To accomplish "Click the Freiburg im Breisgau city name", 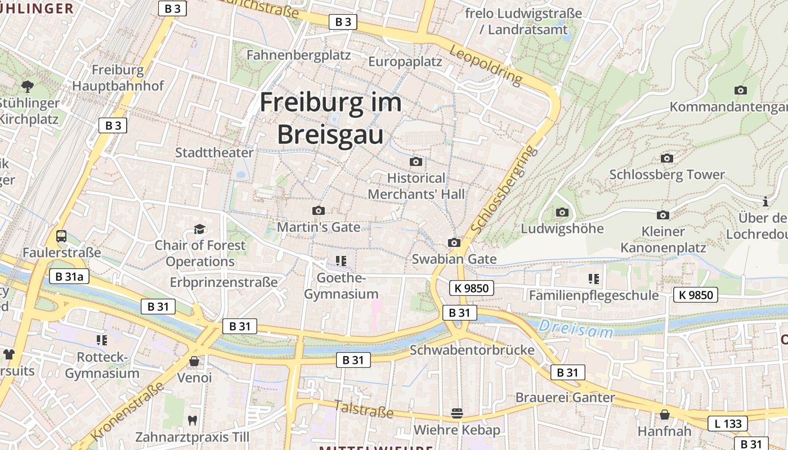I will pos(330,119).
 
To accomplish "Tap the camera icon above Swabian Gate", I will pos(454,242).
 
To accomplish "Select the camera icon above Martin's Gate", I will pos(319,210).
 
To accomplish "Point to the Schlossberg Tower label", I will pos(667,174).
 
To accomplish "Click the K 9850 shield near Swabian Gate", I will pos(472,289).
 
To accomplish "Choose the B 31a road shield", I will pos(70,276).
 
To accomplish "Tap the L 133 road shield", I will pos(728,424).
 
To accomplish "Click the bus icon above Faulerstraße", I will pos(61,236).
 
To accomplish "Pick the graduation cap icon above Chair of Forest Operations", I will pos(199,229).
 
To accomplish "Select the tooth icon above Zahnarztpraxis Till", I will pos(192,420).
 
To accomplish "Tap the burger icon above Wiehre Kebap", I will pos(456,414).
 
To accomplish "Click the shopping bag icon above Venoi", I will pos(194,361).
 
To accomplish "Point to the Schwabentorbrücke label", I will pos(472,350).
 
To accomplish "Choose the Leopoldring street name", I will pos(486,65).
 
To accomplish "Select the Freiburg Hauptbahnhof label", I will pos(118,78).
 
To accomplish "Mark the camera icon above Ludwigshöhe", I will pos(562,212).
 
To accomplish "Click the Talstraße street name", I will pos(364,409).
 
